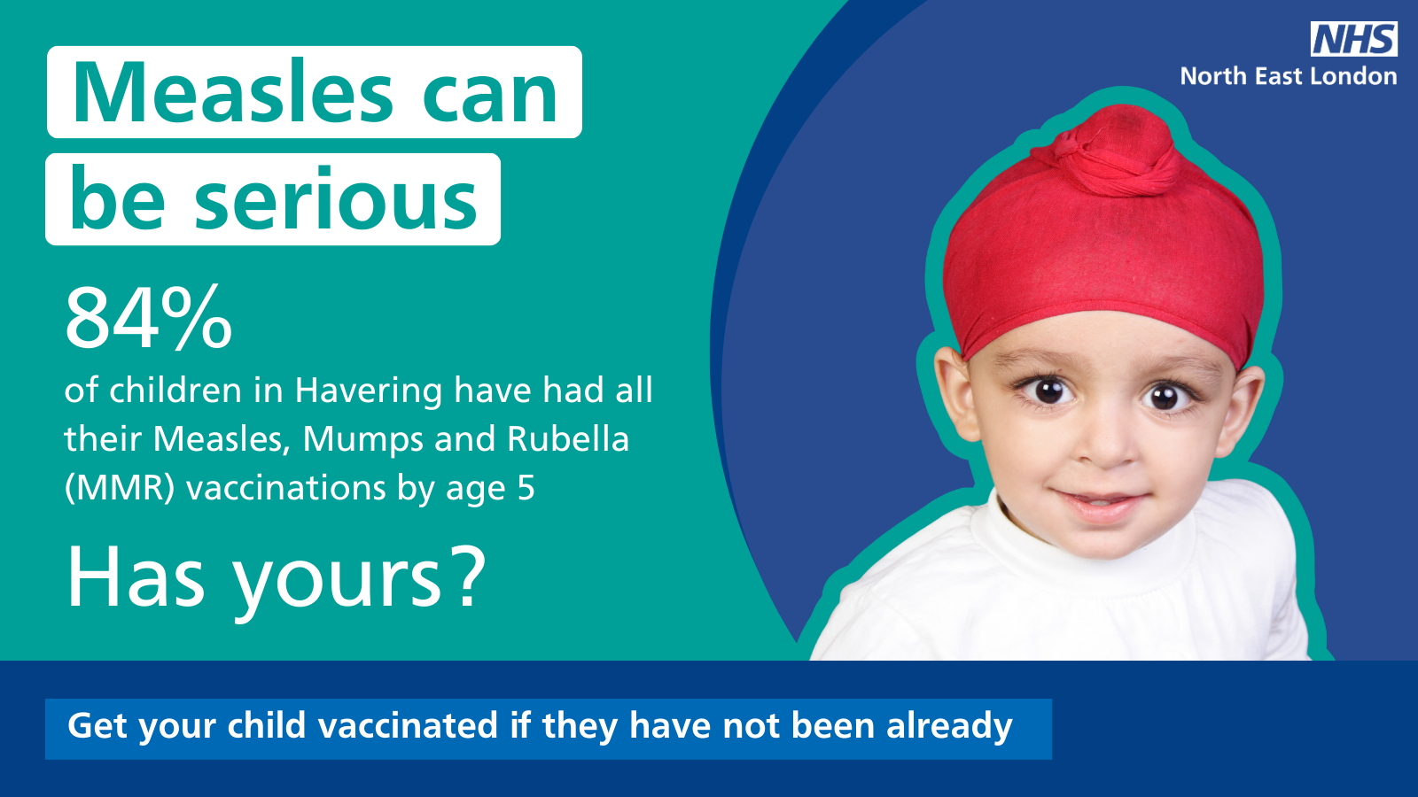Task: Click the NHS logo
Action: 1354,39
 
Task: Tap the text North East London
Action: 1289,76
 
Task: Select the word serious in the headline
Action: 336,198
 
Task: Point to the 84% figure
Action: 149,318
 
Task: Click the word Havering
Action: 369,392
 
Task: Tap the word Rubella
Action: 568,438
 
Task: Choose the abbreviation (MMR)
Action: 120,489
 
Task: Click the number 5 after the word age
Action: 526,488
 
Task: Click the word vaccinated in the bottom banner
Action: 408,725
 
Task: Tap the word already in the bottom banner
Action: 949,727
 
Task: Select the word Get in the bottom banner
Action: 98,726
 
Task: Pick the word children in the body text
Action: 175,391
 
